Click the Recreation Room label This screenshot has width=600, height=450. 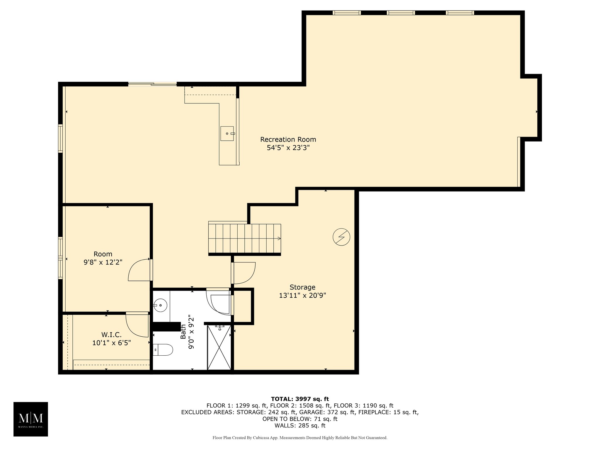tap(288, 139)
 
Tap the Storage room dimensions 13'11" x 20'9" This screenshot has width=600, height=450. tap(302, 296)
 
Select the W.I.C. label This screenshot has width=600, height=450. tap(111, 335)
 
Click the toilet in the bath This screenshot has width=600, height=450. tap(163, 350)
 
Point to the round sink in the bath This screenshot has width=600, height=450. tap(161, 306)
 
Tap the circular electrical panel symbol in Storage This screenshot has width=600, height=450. tap(341, 237)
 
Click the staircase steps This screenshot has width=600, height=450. tap(245, 238)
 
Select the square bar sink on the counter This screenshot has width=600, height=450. tap(227, 134)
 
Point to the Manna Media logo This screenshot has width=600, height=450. tap(31, 419)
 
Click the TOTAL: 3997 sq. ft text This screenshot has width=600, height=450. tap(300, 399)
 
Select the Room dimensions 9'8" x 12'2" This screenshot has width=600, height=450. tap(103, 262)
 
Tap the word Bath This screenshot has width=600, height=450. tap(183, 332)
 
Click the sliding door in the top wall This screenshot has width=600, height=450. tap(152, 84)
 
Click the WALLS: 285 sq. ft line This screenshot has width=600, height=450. tap(300, 426)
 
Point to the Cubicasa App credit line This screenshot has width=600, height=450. tap(300, 438)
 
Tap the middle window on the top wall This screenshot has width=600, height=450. tap(401, 13)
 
